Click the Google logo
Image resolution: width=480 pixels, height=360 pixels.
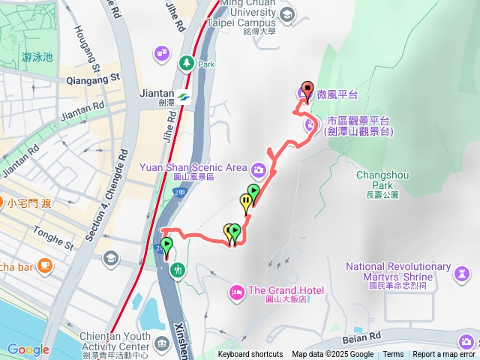coord(28,349)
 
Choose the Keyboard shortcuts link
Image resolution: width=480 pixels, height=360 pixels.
coord(250,355)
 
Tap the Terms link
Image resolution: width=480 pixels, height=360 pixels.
coord(393,355)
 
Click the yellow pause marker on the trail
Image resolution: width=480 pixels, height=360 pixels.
coord(245,201)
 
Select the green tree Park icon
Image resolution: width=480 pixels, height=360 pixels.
coord(184,63)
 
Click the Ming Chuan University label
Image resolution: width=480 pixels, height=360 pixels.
coord(257,11)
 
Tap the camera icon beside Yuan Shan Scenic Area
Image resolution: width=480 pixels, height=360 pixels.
coord(258,169)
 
